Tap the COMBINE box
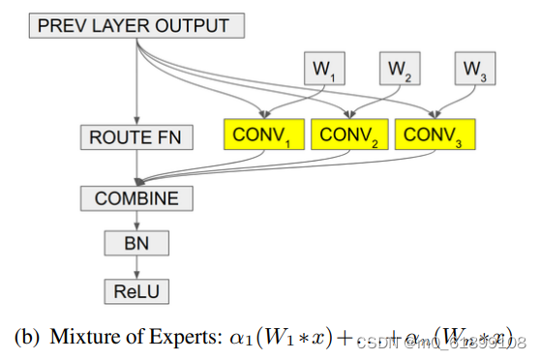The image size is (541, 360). pos(136,199)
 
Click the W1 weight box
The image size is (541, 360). pos(324,69)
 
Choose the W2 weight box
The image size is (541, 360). pos(399,69)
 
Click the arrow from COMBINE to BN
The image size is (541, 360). pos(136,221)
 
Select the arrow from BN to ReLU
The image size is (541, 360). pos(136,264)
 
